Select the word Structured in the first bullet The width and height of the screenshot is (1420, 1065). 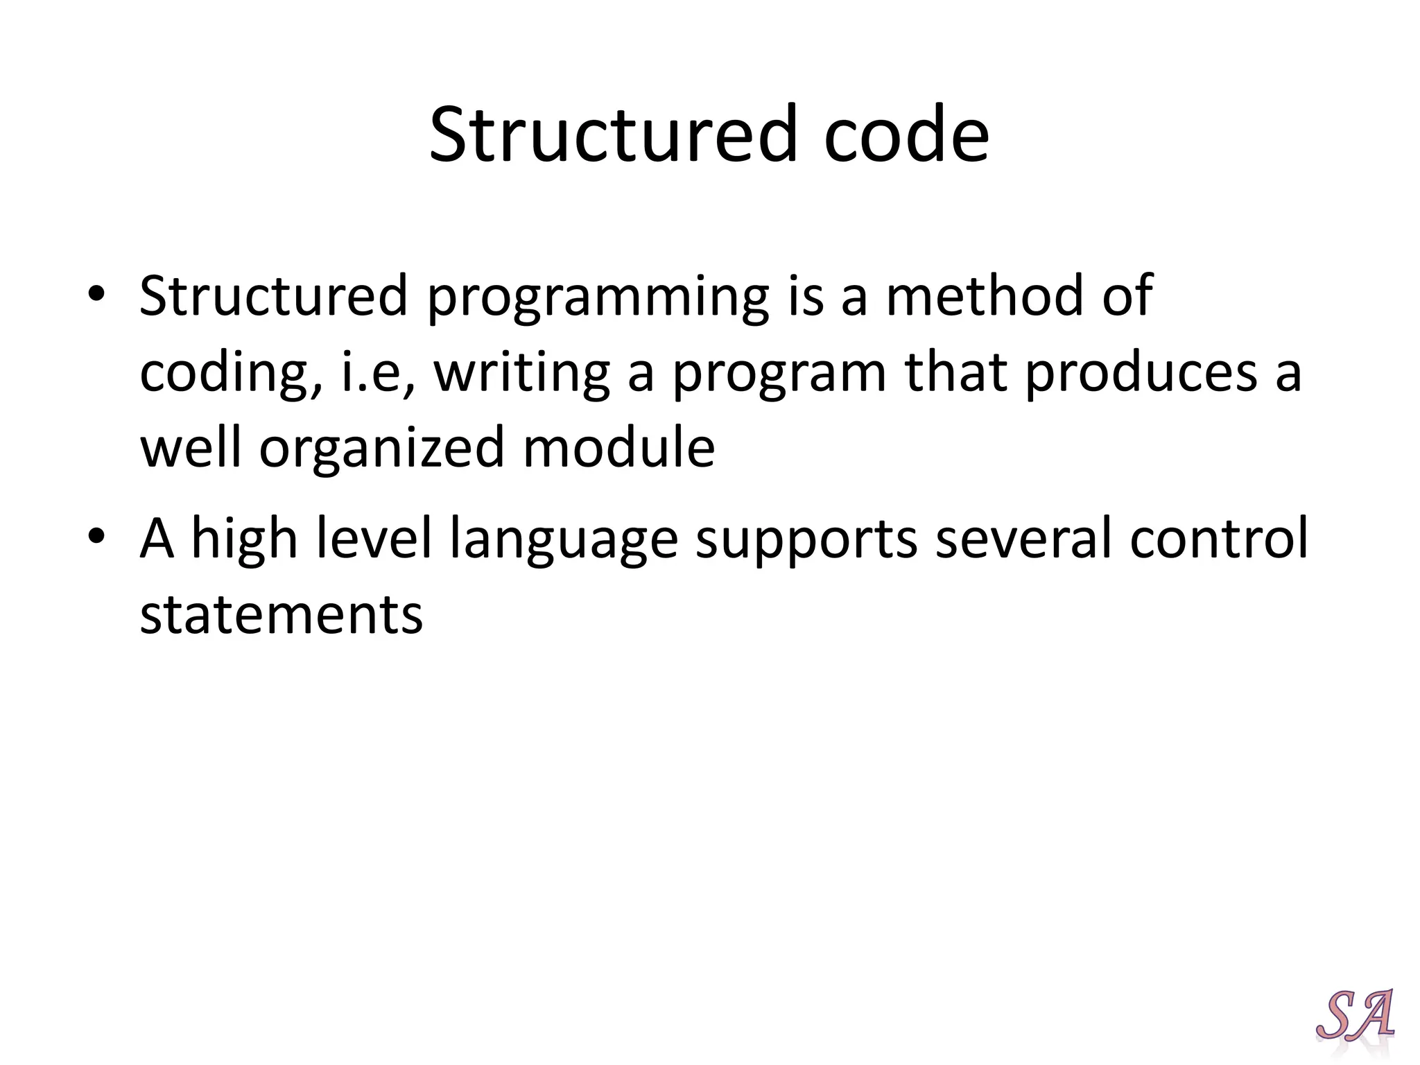(273, 296)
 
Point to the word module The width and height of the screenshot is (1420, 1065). (618, 448)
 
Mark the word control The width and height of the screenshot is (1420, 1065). (1218, 539)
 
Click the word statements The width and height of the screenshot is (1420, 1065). (281, 614)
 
